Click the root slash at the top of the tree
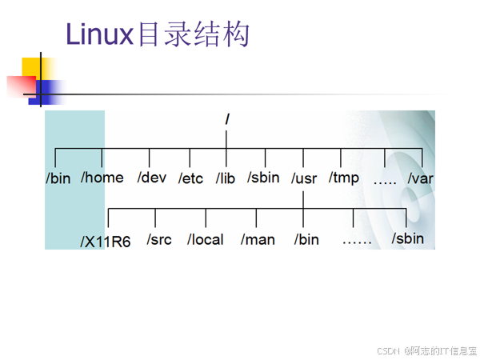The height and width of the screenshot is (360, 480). click(x=228, y=118)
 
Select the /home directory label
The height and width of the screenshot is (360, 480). click(x=102, y=177)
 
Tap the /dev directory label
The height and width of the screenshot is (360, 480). click(x=151, y=177)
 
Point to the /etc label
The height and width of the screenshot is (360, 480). click(x=191, y=178)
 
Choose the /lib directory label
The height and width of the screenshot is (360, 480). click(x=226, y=178)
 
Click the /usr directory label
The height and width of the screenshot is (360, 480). click(x=305, y=178)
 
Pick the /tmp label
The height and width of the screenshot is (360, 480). click(x=344, y=178)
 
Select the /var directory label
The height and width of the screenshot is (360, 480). click(x=420, y=178)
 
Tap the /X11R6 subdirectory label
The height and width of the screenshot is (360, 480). click(x=106, y=241)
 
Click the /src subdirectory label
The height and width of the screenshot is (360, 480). click(x=160, y=239)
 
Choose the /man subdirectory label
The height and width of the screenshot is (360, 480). click(x=258, y=239)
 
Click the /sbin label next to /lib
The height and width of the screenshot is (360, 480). click(x=263, y=177)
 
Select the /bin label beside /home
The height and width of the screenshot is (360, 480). click(x=58, y=178)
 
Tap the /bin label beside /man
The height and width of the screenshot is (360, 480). click(x=306, y=239)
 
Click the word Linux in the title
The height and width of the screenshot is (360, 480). click(x=98, y=35)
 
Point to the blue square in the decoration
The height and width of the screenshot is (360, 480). click(x=50, y=92)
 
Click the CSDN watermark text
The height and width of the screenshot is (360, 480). click(x=388, y=350)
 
